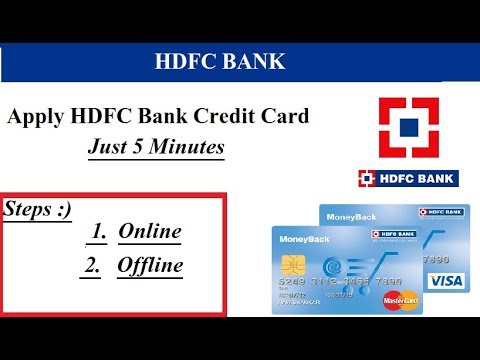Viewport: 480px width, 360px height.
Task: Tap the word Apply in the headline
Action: pos(37,117)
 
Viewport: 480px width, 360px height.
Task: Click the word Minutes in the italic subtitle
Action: pos(185,148)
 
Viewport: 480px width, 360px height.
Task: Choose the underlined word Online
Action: pos(150,232)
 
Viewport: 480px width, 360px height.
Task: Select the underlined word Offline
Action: pos(150,266)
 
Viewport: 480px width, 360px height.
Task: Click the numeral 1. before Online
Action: pos(99,232)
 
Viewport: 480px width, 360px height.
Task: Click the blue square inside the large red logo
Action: pos(408,128)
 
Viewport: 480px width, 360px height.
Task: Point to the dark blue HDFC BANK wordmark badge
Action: pos(408,180)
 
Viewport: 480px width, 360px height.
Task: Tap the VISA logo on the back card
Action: pos(450,281)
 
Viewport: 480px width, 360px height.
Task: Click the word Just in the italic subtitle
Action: pos(107,148)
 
